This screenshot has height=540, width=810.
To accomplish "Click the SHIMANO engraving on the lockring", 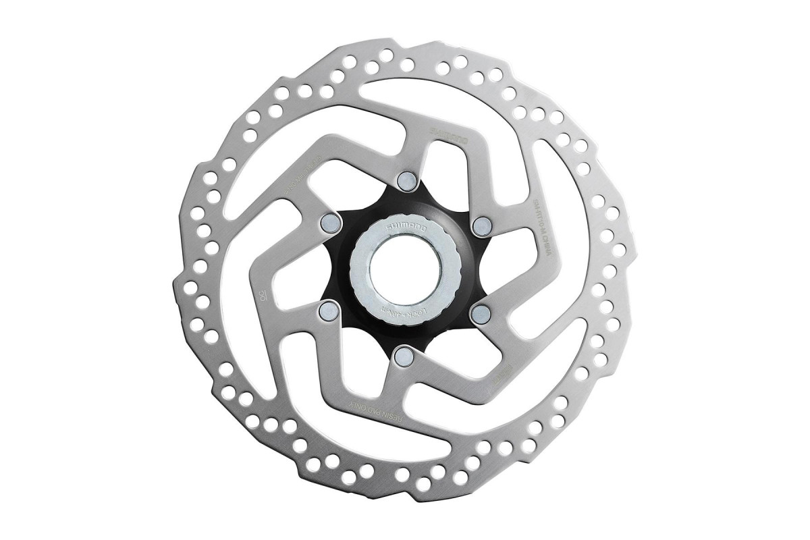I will click(x=400, y=234).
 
